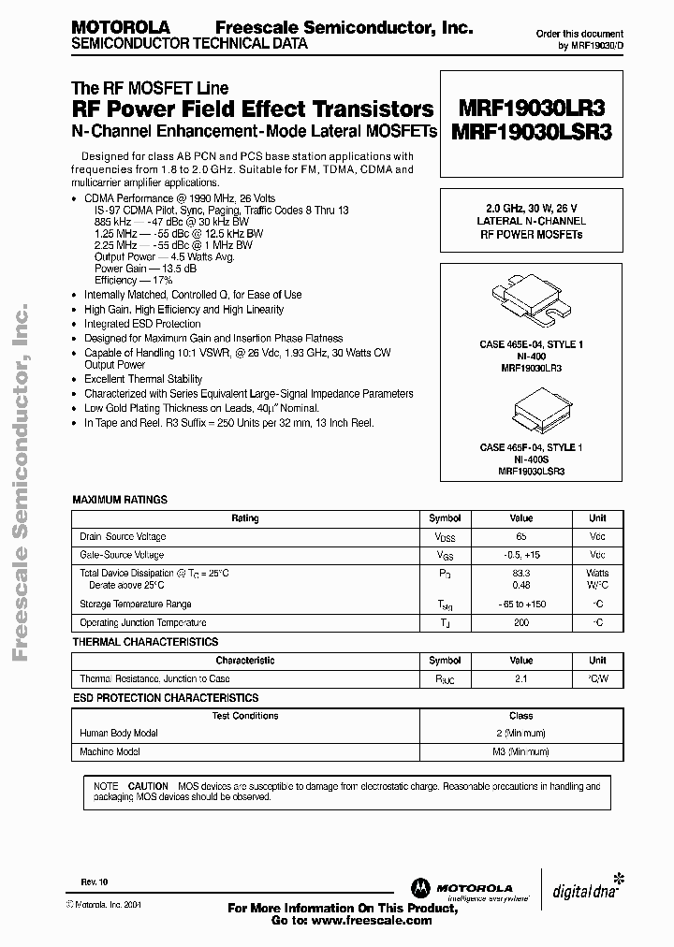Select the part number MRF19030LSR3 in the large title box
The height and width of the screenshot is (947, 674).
(531, 132)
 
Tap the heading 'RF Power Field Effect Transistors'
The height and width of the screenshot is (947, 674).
(253, 109)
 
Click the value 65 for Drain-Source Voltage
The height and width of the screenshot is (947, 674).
(520, 537)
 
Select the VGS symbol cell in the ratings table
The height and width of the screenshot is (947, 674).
(445, 555)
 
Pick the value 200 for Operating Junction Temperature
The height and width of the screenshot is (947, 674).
(520, 622)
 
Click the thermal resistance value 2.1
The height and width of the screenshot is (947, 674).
(520, 678)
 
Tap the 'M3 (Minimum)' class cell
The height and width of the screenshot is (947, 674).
(520, 751)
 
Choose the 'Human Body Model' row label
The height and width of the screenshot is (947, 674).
(119, 734)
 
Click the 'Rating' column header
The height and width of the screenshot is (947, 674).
(245, 518)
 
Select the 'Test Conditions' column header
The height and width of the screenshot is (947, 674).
(243, 716)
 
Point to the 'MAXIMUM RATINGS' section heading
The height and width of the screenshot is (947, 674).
(120, 501)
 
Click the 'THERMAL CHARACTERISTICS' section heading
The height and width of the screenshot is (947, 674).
(145, 642)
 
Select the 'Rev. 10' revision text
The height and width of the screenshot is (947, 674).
(93, 881)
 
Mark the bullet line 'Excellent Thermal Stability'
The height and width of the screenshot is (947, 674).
(143, 379)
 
